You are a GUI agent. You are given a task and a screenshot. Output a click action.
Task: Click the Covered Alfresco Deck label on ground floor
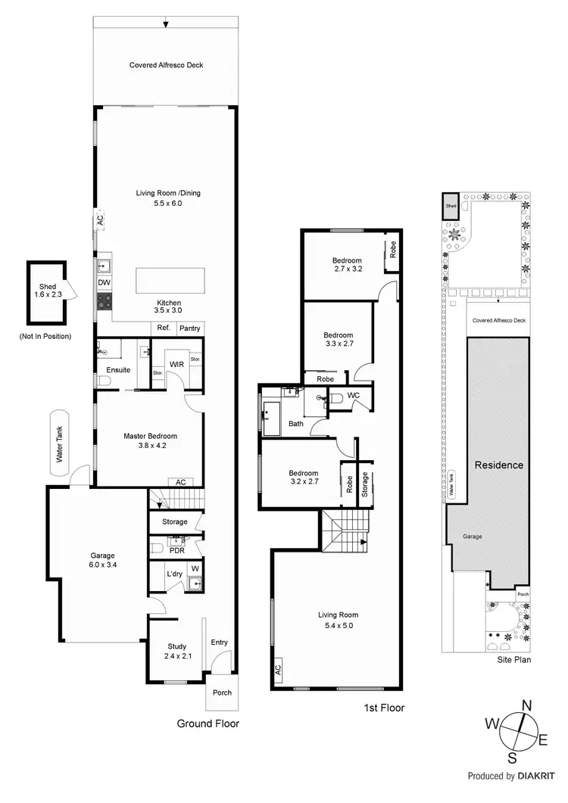coord(166,65)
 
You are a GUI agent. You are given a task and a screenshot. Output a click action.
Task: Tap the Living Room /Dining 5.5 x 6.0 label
coord(168,198)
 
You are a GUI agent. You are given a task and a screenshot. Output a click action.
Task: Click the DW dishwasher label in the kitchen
coord(104,282)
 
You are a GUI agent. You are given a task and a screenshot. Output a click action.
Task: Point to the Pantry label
coord(189,328)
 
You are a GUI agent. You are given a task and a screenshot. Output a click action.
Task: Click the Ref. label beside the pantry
coord(163,328)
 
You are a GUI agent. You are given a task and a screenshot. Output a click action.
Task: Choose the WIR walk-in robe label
coord(176,364)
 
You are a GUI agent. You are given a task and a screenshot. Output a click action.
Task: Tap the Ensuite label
coord(118,370)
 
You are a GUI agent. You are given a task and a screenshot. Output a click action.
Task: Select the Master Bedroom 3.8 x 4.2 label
coord(151,440)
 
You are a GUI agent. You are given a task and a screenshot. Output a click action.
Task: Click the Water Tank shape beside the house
coord(60,443)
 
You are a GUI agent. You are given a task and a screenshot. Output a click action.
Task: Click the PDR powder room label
coord(176,550)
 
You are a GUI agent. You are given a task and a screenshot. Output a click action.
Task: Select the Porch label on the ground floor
coord(222,693)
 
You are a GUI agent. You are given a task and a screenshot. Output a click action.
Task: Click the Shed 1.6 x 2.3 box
coord(48,291)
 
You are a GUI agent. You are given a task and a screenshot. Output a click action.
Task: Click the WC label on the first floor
coord(354,396)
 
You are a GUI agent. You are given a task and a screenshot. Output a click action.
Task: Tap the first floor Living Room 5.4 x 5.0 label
coord(338,620)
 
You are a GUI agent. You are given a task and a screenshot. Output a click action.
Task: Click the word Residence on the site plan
coord(498,465)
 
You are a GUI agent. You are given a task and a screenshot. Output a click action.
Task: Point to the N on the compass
coord(526,705)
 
